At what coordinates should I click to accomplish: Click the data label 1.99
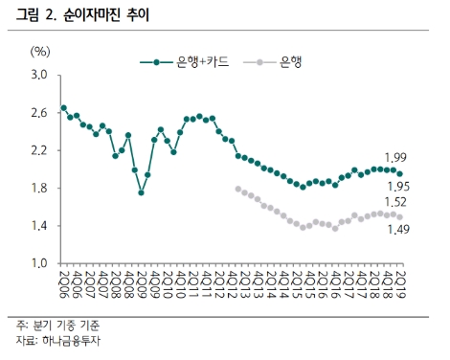tap(395, 156)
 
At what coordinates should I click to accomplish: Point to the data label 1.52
tap(395, 202)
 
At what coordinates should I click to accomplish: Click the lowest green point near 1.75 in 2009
tap(141, 192)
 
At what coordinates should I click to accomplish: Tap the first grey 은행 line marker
tap(237, 189)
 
